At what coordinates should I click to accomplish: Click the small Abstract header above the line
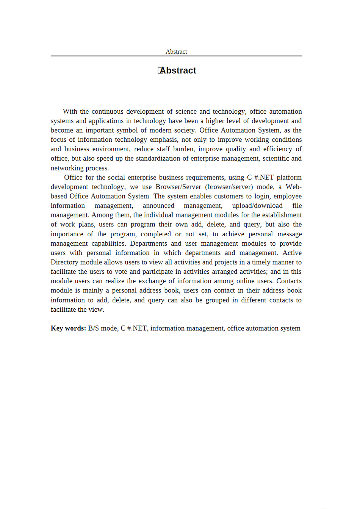(x=176, y=52)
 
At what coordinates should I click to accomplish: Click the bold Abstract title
(x=178, y=71)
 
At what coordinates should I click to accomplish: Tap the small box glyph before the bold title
(x=160, y=70)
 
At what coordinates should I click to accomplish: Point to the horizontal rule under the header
(x=176, y=56)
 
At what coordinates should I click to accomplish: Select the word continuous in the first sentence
(x=107, y=111)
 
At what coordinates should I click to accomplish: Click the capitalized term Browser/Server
(x=178, y=187)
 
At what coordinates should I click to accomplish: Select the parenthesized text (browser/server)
(x=229, y=187)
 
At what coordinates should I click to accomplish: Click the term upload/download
(x=257, y=206)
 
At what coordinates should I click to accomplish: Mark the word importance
(x=67, y=234)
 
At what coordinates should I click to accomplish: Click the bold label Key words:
(x=68, y=328)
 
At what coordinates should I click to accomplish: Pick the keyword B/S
(x=94, y=328)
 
